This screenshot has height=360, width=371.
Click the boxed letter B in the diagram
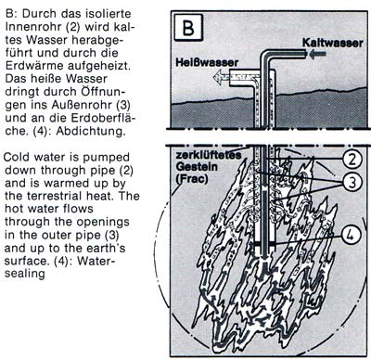point(188,27)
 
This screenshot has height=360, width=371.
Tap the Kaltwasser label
point(333,43)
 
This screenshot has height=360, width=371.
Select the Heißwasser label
point(207,62)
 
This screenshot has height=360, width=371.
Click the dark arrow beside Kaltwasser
point(317,55)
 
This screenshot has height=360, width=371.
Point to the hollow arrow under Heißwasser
point(222,77)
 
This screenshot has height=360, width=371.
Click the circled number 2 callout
point(352,159)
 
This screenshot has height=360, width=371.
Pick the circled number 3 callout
point(352,182)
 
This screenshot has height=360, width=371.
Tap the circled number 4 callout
point(351,236)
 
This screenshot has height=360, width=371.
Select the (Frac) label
point(192,179)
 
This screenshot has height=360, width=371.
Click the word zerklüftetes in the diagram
point(209,155)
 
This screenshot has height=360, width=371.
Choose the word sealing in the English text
point(25,274)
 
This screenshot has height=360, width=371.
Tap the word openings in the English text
point(103,222)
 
